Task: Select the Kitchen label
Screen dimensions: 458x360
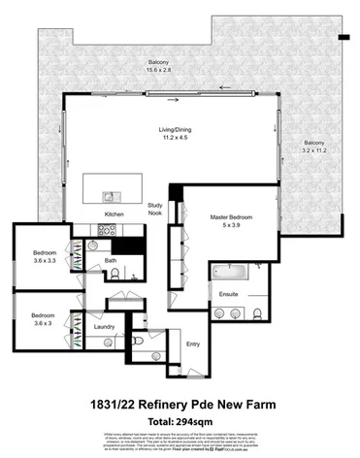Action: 115,213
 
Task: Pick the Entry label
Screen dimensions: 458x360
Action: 192,343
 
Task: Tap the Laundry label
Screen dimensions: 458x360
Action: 105,327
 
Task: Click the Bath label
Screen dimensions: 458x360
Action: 112,260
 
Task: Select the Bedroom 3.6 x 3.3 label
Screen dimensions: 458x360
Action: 45,256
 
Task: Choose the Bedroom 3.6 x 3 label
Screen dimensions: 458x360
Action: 43,319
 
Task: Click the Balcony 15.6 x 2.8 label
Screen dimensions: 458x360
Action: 153,64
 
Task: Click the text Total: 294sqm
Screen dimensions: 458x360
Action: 180,421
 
